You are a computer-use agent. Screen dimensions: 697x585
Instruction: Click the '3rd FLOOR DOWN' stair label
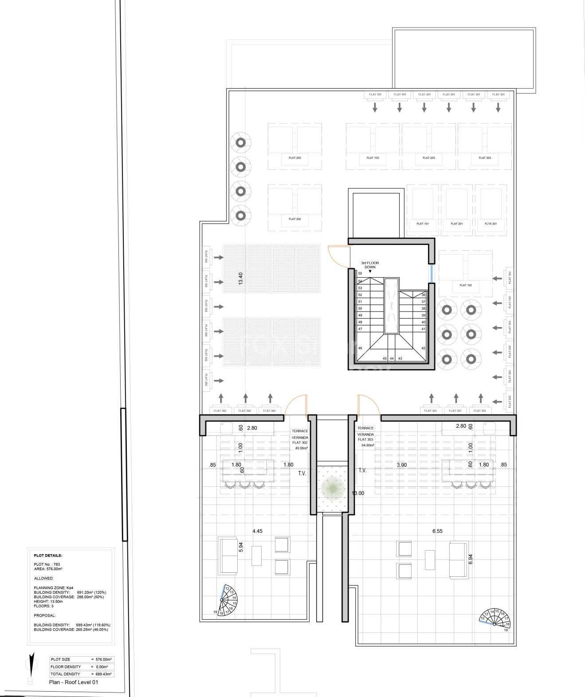[370, 265]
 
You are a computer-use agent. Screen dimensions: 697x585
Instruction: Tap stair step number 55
[360, 274]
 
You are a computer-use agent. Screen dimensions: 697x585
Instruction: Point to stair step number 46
[360, 348]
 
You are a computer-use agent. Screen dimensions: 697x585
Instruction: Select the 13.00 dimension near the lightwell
[358, 493]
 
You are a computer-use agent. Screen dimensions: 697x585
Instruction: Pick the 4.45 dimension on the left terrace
[257, 531]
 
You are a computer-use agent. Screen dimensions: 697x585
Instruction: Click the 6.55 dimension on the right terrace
[437, 531]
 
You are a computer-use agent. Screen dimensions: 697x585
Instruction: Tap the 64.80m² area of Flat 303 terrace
[368, 445]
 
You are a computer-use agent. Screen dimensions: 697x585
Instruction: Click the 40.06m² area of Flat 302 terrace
[302, 448]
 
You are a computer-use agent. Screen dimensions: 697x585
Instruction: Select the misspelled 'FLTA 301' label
[491, 224]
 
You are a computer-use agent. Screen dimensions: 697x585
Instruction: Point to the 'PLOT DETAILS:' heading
[48, 555]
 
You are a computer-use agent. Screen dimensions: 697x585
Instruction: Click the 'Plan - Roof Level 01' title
[73, 682]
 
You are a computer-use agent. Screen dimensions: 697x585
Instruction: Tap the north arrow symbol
[31, 669]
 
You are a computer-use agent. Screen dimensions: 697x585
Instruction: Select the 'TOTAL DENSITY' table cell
[66, 674]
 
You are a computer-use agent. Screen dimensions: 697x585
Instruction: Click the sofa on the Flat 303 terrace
[459, 560]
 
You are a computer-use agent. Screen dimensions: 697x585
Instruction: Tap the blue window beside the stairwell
[431, 273]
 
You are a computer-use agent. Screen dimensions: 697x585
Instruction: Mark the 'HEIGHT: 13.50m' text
[48, 602]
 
